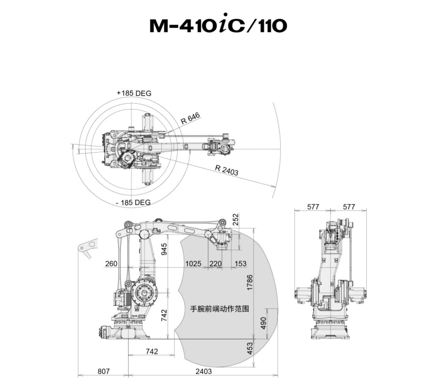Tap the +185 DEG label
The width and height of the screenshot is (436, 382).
[134, 93]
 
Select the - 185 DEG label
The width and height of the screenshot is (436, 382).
[133, 202]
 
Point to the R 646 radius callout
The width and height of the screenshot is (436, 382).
[191, 119]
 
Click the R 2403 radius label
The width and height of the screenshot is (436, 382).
[227, 170]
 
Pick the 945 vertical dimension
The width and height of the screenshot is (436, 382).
[164, 249]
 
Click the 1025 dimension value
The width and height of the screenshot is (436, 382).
[193, 263]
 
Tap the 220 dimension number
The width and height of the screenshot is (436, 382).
[215, 263]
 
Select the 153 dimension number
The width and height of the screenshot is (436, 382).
[241, 263]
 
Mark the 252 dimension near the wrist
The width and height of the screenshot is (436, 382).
[235, 219]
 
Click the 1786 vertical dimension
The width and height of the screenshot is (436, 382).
[250, 283]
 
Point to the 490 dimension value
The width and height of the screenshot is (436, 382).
[263, 323]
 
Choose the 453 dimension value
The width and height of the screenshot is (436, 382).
[250, 349]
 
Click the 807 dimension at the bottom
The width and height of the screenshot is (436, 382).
[103, 371]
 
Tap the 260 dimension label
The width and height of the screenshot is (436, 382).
[111, 263]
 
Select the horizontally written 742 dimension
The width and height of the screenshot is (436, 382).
[152, 351]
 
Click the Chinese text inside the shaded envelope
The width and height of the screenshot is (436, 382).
[219, 309]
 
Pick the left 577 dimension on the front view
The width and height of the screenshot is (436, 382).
[313, 206]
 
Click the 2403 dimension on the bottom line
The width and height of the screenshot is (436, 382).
[204, 371]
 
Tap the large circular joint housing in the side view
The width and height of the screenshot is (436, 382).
[144, 293]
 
